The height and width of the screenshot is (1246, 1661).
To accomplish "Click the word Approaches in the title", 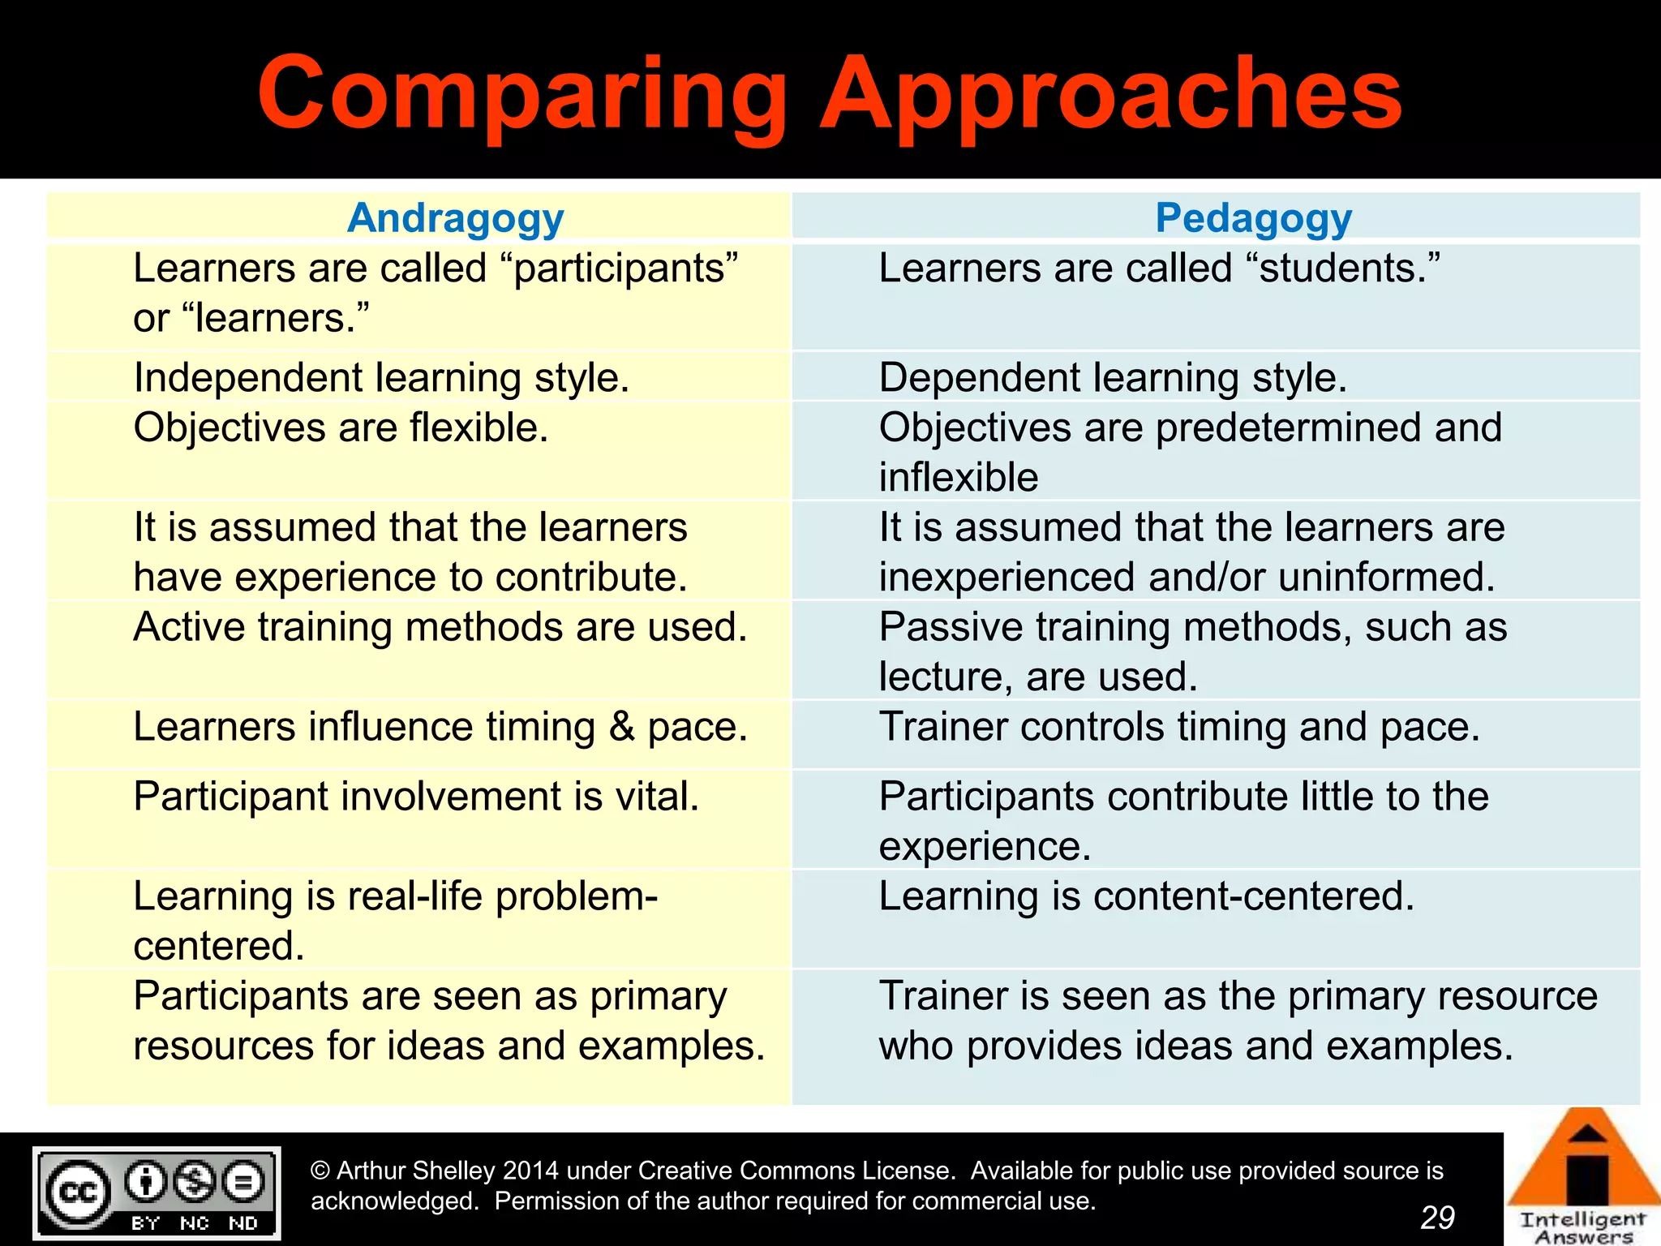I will (1111, 95).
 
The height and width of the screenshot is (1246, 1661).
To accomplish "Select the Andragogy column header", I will (455, 218).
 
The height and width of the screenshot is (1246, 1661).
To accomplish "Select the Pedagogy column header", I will (1253, 218).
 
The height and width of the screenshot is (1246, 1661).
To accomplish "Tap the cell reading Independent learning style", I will (381, 378).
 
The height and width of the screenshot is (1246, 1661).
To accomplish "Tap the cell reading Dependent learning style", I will (1113, 378).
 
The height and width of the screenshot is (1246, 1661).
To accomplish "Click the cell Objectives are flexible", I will (341, 428).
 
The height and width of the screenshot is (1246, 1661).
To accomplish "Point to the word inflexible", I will (959, 478).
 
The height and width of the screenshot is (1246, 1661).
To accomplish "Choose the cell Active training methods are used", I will (440, 627).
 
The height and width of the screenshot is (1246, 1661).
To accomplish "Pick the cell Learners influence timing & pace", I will (440, 727).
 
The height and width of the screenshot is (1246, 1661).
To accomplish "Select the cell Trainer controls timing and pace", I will (1179, 727).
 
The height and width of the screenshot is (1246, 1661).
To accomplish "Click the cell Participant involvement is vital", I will (416, 797).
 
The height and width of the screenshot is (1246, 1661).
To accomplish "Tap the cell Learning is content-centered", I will (1146, 896).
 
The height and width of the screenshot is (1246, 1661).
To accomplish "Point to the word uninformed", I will (1386, 578).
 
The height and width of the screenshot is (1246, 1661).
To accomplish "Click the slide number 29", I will (1437, 1217).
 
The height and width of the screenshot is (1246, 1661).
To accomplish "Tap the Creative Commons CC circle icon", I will (78, 1192).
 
